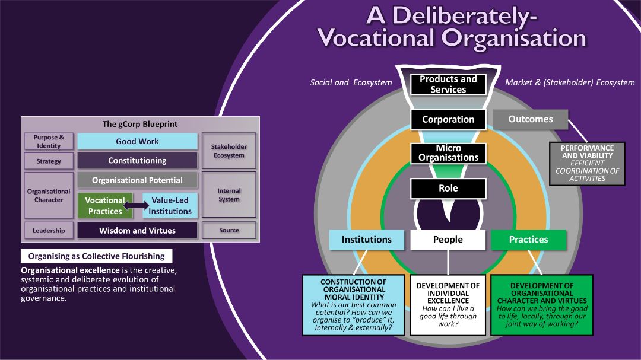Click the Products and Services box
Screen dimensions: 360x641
pyautogui.click(x=448, y=84)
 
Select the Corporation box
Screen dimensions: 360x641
pyautogui.click(x=448, y=119)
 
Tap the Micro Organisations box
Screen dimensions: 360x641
pyautogui.click(x=448, y=153)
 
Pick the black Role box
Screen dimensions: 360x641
pyautogui.click(x=448, y=188)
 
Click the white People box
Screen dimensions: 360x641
pyautogui.click(x=448, y=240)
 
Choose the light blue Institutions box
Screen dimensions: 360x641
pyautogui.click(x=367, y=240)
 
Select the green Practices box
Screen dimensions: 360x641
pyautogui.click(x=528, y=240)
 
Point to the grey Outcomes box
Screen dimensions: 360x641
pyautogui.click(x=530, y=119)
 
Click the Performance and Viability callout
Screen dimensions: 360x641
pyautogui.click(x=587, y=163)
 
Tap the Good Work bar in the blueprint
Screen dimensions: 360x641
pyautogui.click(x=137, y=141)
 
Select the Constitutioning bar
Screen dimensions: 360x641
pyautogui.click(x=137, y=160)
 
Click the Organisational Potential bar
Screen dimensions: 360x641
pyautogui.click(x=137, y=180)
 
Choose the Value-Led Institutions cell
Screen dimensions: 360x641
pyautogui.click(x=170, y=206)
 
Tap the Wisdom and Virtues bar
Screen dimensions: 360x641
pyautogui.click(x=137, y=231)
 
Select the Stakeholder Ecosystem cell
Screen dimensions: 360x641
pyautogui.click(x=229, y=151)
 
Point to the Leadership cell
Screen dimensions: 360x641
pyautogui.click(x=49, y=231)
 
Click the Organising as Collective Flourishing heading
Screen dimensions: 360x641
pyautogui.click(x=97, y=256)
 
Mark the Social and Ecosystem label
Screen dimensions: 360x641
pyautogui.click(x=351, y=82)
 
